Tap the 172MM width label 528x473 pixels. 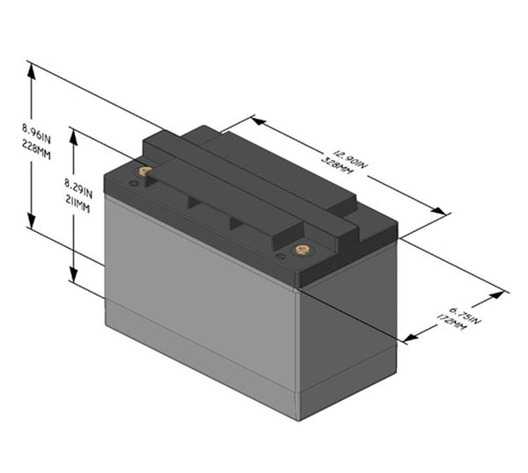451,322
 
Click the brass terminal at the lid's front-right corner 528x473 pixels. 302,250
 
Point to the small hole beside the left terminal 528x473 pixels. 133,183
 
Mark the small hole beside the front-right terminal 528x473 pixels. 281,257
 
